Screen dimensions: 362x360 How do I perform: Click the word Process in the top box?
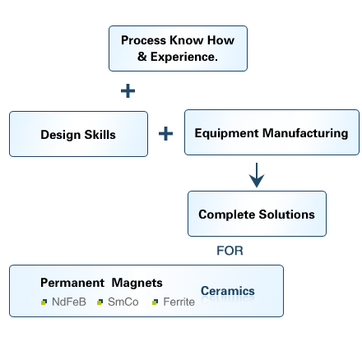pyautogui.click(x=143, y=40)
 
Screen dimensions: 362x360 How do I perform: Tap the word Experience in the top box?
pyautogui.click(x=184, y=57)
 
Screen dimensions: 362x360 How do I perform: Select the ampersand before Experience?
pyautogui.click(x=142, y=57)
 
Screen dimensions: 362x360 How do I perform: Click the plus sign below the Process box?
pyautogui.click(x=128, y=91)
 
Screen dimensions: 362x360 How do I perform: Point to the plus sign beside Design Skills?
pyautogui.click(x=165, y=133)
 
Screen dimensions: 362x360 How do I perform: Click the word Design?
pyautogui.click(x=61, y=135)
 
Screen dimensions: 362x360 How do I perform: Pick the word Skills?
pyautogui.click(x=100, y=135)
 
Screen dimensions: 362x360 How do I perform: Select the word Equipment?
pyautogui.click(x=227, y=133)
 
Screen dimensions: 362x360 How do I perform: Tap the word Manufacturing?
pyautogui.click(x=305, y=133)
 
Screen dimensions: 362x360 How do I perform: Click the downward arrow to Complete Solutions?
pyautogui.click(x=257, y=175)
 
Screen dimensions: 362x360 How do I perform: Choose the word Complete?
pyautogui.click(x=227, y=215)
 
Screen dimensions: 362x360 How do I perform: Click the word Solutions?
pyautogui.click(x=286, y=215)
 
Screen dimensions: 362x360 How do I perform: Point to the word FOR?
pyautogui.click(x=230, y=251)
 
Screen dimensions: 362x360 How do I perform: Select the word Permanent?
pyautogui.click(x=72, y=283)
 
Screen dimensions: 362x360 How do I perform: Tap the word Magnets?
pyautogui.click(x=137, y=283)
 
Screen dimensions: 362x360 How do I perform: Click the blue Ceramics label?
pyautogui.click(x=228, y=291)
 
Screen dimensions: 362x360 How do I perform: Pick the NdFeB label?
pyautogui.click(x=69, y=302)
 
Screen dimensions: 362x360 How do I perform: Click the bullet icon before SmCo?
pyautogui.click(x=100, y=302)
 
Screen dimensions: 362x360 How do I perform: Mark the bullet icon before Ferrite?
pyautogui.click(x=155, y=302)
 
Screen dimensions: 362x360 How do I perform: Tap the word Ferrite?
pyautogui.click(x=179, y=302)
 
